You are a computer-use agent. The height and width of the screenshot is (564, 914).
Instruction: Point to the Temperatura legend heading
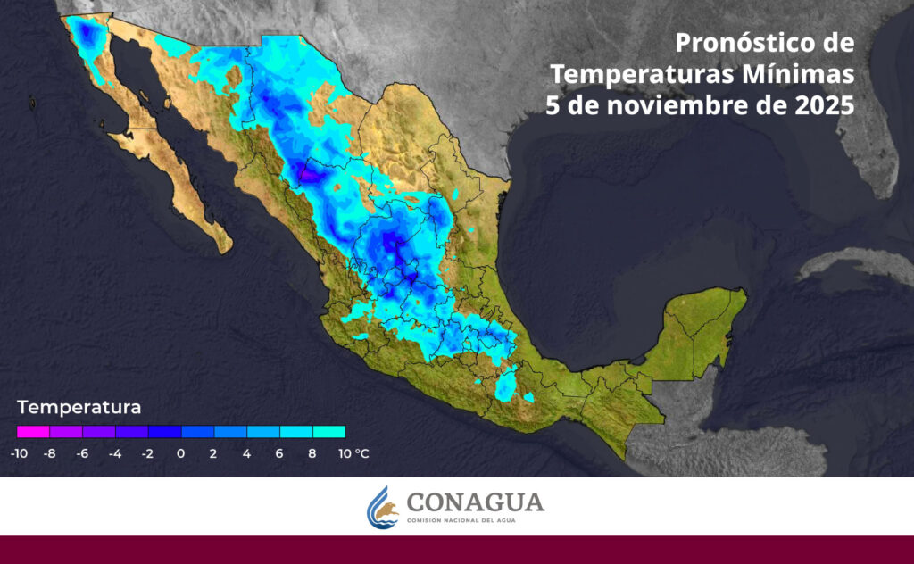[79, 409]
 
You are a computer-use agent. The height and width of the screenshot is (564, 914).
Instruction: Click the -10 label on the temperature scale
[18, 453]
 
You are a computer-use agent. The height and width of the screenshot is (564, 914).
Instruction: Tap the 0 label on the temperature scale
[180, 453]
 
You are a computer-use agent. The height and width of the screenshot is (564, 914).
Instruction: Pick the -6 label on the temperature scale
[82, 453]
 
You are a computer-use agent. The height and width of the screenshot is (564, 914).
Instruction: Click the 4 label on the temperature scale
[246, 453]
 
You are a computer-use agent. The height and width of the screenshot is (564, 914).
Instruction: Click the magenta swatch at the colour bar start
[32, 432]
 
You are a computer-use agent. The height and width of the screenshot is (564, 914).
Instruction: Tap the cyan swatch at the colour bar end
[328, 432]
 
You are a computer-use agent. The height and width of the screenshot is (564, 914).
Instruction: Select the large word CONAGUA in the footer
[475, 502]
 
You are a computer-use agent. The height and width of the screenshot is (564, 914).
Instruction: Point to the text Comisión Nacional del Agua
[475, 520]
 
